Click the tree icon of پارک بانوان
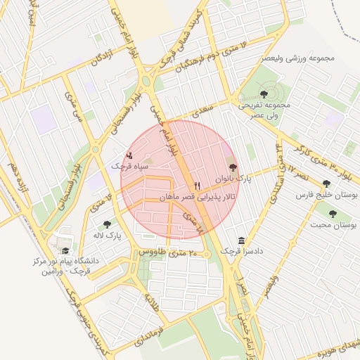tap(233, 168)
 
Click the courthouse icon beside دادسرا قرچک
tap(242, 240)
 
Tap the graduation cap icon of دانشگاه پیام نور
tap(65, 250)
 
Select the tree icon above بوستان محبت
tap(333, 214)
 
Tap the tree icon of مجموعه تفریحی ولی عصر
tap(264, 94)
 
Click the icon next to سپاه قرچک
tap(129, 155)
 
